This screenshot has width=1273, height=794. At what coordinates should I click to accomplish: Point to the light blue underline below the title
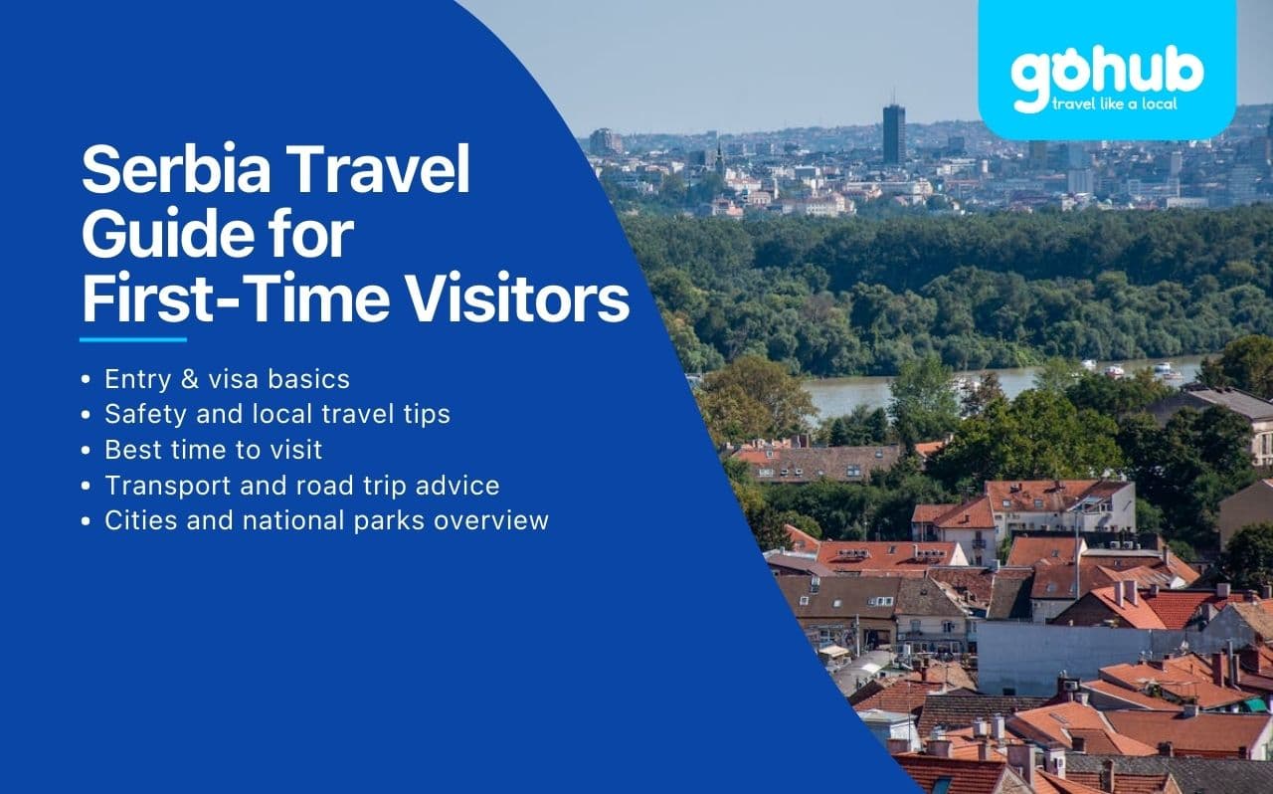pyautogui.click(x=133, y=339)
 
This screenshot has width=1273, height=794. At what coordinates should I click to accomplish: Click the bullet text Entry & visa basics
pyautogui.click(x=227, y=379)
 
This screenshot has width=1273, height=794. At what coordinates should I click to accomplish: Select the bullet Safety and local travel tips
pyautogui.click(x=276, y=414)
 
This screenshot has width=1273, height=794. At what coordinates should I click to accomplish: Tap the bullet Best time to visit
pyautogui.click(x=213, y=449)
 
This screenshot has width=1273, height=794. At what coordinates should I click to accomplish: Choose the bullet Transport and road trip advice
pyautogui.click(x=301, y=485)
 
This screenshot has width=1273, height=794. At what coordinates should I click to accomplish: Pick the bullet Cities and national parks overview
pyautogui.click(x=326, y=519)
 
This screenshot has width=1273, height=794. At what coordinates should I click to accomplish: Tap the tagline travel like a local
pyautogui.click(x=1120, y=104)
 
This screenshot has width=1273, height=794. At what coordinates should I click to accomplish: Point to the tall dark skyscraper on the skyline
pyautogui.click(x=893, y=133)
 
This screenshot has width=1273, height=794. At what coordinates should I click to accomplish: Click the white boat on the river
pyautogui.click(x=1164, y=370)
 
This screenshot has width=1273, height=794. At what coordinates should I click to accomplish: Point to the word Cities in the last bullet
pyautogui.click(x=135, y=519)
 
